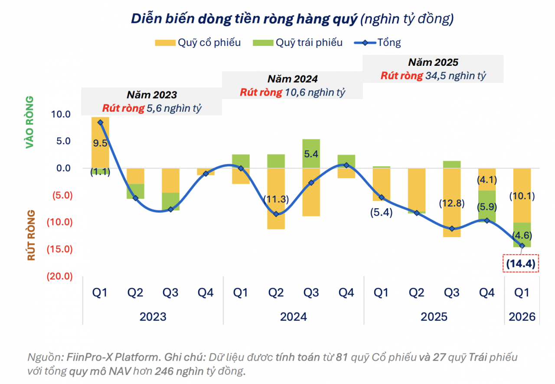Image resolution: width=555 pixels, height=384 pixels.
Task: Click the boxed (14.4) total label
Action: (x=520, y=263)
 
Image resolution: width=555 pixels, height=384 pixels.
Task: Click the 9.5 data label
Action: (x=100, y=143)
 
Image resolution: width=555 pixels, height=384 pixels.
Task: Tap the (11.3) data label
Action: (x=276, y=199)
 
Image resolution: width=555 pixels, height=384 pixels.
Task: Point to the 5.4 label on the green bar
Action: (x=311, y=153)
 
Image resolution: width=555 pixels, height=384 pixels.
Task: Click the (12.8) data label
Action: (x=452, y=203)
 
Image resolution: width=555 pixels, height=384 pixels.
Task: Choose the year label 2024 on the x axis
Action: (x=294, y=317)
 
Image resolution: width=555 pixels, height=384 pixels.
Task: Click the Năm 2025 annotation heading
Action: (x=433, y=62)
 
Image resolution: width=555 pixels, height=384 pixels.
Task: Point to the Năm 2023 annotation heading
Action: (x=152, y=95)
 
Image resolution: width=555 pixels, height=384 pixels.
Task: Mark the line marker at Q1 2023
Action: (x=100, y=123)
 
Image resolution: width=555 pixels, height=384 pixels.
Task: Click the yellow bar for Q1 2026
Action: (x=522, y=195)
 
